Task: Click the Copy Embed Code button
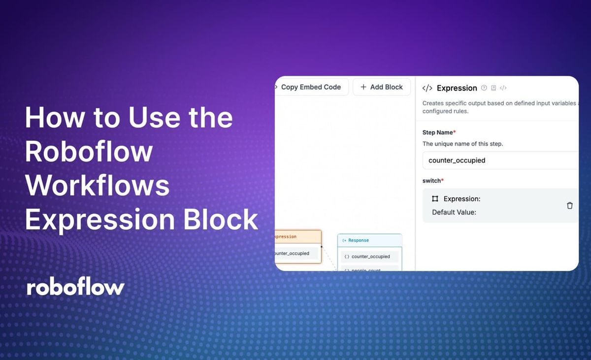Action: tap(311, 87)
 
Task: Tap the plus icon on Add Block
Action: tap(363, 87)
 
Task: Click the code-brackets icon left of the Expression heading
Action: tap(427, 88)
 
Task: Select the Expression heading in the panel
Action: tap(457, 88)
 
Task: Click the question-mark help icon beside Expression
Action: tap(484, 88)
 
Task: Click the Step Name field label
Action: tap(439, 132)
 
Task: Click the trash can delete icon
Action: tap(570, 205)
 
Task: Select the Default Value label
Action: tap(454, 213)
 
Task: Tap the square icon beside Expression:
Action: tap(435, 199)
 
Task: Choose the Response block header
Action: tap(369, 240)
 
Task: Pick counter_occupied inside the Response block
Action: tap(370, 257)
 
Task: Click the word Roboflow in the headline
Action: tap(89, 151)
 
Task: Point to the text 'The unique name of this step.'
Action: tap(462, 144)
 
